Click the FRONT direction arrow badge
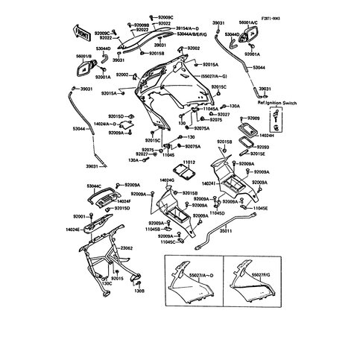pyautogui.click(x=83, y=35)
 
